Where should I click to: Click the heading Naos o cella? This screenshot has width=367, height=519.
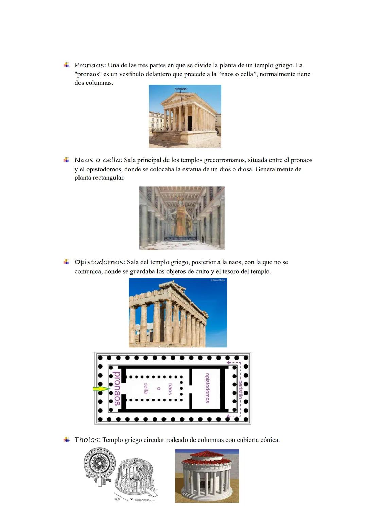click(98, 160)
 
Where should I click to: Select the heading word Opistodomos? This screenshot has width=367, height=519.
click(99, 262)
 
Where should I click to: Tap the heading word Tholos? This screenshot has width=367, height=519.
click(87, 440)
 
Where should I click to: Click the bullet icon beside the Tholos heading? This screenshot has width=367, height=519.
click(67, 439)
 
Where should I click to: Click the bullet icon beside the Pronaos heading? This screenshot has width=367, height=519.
click(67, 65)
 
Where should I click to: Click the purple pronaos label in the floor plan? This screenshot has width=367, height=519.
click(116, 388)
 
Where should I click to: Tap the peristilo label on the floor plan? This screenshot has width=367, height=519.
click(240, 389)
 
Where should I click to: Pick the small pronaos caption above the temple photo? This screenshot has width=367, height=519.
click(180, 89)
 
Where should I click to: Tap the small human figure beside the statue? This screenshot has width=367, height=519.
click(203, 239)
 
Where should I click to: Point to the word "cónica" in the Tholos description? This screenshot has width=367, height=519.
click(269, 440)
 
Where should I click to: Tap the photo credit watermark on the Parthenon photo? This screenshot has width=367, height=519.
click(218, 280)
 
